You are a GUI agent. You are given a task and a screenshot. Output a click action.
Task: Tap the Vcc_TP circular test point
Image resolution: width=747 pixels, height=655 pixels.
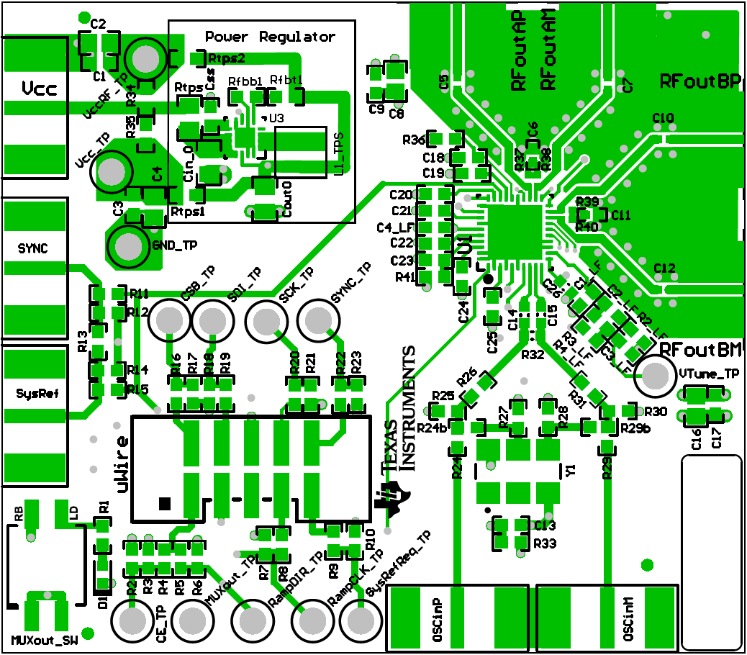112,171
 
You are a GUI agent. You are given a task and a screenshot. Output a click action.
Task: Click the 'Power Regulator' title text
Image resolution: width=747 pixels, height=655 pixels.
270,37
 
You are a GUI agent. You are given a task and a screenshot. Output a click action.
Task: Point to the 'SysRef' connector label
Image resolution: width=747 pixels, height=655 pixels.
33,394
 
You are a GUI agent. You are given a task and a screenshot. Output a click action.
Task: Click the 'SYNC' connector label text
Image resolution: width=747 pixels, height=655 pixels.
33,248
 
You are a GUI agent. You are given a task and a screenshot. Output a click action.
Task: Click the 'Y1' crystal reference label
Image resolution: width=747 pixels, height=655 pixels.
571,470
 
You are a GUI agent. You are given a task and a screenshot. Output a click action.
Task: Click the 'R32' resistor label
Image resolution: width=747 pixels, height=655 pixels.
533,355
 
